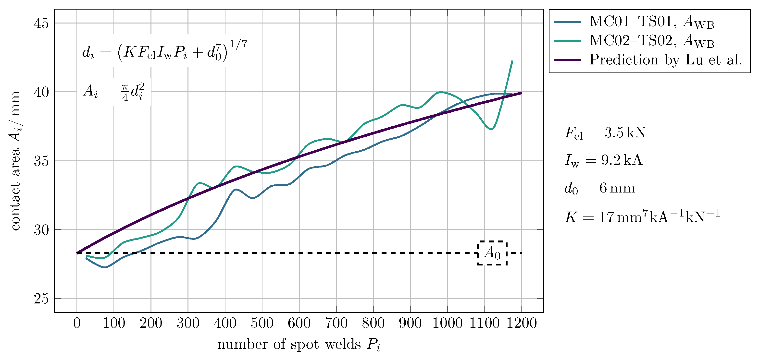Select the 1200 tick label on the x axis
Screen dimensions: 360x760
(521, 323)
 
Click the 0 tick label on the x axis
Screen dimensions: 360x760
(77, 323)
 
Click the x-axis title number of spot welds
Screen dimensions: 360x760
(299, 344)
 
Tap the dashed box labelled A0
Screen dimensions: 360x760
(492, 253)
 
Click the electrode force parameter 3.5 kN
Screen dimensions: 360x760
(605, 133)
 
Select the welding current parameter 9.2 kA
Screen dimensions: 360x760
(603, 160)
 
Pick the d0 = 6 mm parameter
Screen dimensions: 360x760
(599, 188)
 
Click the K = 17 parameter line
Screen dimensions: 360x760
(642, 217)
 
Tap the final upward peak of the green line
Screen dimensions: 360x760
(512, 61)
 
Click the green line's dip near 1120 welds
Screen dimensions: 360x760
(491, 129)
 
